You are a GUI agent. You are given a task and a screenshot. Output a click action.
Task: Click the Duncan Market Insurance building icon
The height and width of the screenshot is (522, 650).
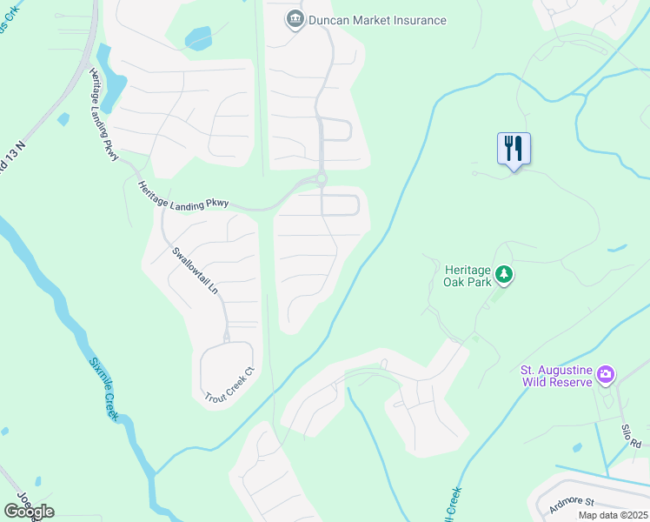(x=295, y=19)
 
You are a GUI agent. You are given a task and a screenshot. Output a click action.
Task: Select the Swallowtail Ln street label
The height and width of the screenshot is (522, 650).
(x=195, y=271)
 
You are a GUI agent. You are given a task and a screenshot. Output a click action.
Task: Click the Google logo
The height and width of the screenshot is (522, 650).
(x=29, y=511)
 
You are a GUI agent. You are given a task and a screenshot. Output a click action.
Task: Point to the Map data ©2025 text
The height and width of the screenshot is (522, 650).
(x=612, y=515)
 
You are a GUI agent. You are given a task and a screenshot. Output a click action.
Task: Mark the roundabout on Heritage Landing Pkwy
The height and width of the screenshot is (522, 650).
(x=321, y=179)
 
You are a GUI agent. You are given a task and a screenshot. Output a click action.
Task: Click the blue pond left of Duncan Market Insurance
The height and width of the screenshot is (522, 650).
(x=198, y=38)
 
